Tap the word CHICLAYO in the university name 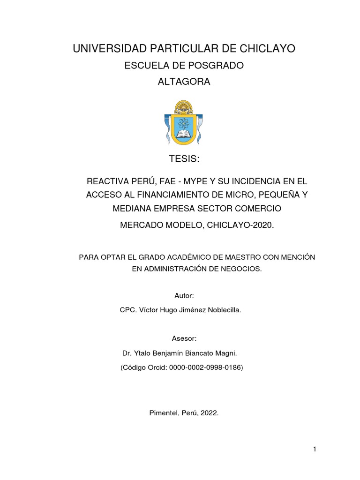pos(268,48)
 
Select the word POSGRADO pos(217,66)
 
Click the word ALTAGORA pos(184,82)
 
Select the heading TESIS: pos(184,159)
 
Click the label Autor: pos(184,296)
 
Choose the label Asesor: pos(184,338)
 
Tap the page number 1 pos(315,450)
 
